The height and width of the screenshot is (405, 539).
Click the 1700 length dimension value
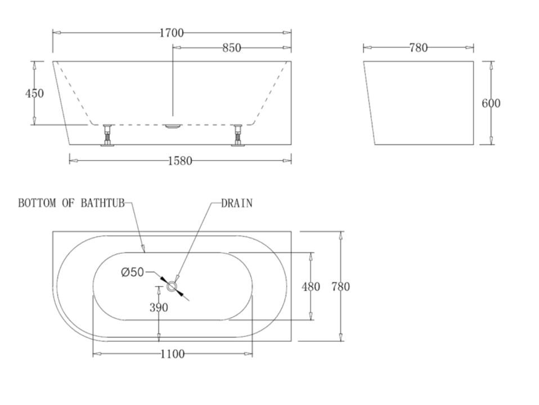[x=172, y=33]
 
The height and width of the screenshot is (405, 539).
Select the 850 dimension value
[x=231, y=48]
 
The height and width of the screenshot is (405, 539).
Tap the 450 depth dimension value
[x=34, y=93]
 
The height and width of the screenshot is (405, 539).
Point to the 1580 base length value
[x=180, y=161]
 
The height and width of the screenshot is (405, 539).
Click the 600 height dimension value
[x=491, y=103]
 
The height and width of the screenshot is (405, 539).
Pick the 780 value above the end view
[x=418, y=48]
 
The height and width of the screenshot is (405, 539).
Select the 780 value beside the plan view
[x=340, y=287]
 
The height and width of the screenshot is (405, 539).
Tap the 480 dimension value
[x=311, y=287]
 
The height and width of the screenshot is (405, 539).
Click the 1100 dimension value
[x=172, y=354]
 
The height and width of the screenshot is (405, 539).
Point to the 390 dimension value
[x=159, y=308]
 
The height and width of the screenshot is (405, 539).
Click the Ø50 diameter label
[x=132, y=273]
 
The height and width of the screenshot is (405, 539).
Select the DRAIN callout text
[x=236, y=204]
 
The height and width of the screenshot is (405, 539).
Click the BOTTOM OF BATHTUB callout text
[x=71, y=204]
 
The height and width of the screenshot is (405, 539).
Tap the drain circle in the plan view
[x=172, y=287]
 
